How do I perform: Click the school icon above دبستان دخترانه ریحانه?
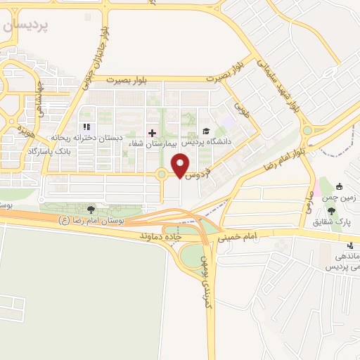click(x=87, y=127)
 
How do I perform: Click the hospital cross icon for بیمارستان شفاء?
click(x=152, y=132)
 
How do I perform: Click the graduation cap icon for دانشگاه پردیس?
click(x=206, y=131)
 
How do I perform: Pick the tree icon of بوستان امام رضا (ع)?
click(x=90, y=209)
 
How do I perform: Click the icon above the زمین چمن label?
click(x=340, y=187)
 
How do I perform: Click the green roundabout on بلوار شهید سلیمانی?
click(x=307, y=130)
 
